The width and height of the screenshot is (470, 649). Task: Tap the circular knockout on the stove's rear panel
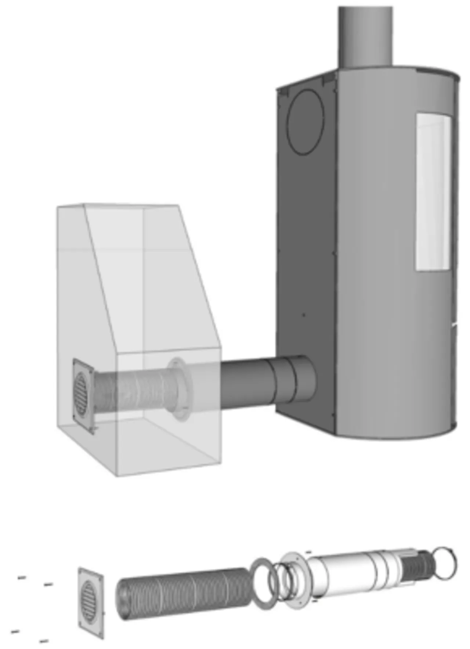click(306, 121)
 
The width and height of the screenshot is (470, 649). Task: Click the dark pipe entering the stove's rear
click(257, 382)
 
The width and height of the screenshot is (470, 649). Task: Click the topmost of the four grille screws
click(22, 577)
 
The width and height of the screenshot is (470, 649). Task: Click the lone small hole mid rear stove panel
click(303, 315)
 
